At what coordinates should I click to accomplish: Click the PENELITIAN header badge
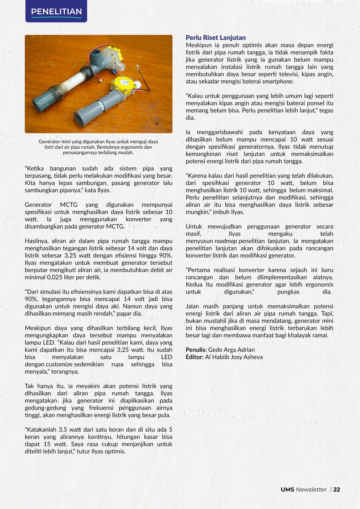click(x=56, y=11)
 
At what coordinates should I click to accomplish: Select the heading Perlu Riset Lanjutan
click(x=215, y=37)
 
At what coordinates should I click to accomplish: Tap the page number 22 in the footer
click(x=337, y=489)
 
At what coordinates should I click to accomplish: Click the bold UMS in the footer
click(x=287, y=489)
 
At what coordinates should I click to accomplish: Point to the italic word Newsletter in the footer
click(x=311, y=489)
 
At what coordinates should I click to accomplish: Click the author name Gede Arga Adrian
click(x=231, y=350)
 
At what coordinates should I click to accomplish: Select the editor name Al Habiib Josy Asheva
click(x=234, y=357)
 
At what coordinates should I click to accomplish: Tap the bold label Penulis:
click(x=196, y=350)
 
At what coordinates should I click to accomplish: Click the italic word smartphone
click(x=277, y=81)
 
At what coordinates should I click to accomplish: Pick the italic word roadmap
click(x=226, y=241)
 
